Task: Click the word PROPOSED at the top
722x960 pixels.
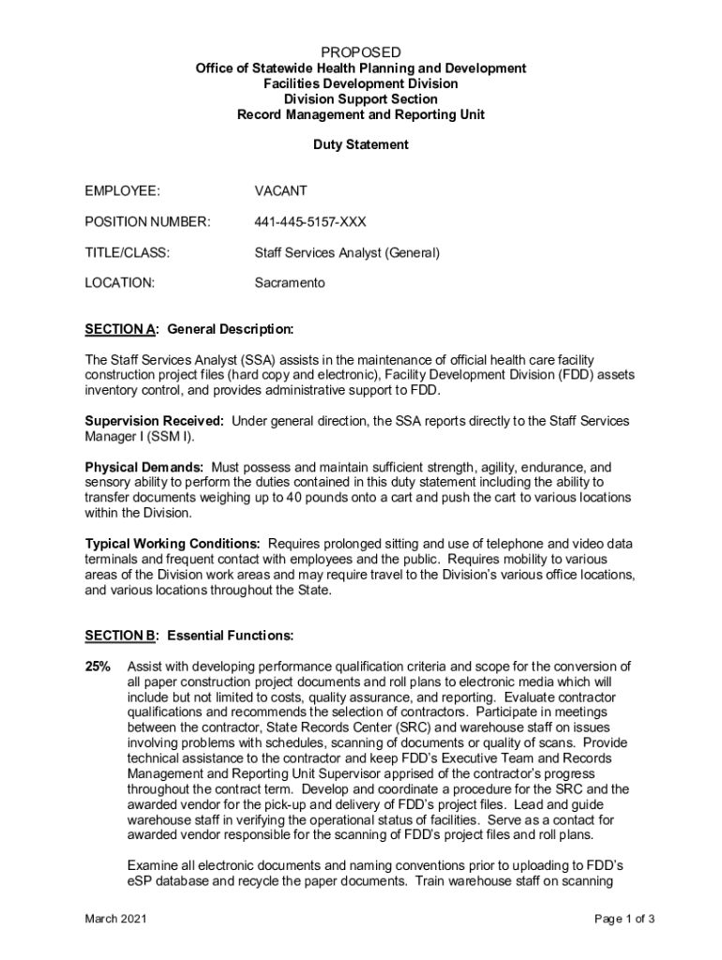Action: (x=360, y=52)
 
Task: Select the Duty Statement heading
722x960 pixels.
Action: (x=360, y=145)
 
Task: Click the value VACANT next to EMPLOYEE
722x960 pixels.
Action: (x=280, y=191)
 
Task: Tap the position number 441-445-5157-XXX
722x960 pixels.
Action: (x=310, y=222)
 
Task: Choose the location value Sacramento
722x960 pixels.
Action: (x=290, y=282)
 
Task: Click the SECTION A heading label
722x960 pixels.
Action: (x=120, y=330)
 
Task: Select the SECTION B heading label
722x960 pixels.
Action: (x=120, y=637)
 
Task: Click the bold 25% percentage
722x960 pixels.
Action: (x=98, y=667)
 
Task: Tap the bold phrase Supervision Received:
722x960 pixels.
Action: (x=155, y=421)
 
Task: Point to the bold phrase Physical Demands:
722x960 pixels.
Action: (x=144, y=467)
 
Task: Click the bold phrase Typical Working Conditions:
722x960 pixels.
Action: (x=173, y=544)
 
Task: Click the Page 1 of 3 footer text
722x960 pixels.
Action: (x=624, y=919)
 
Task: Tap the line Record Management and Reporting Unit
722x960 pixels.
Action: (x=360, y=114)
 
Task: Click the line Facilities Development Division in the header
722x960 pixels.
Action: (x=360, y=83)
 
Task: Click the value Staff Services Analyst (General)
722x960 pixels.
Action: (x=347, y=252)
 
